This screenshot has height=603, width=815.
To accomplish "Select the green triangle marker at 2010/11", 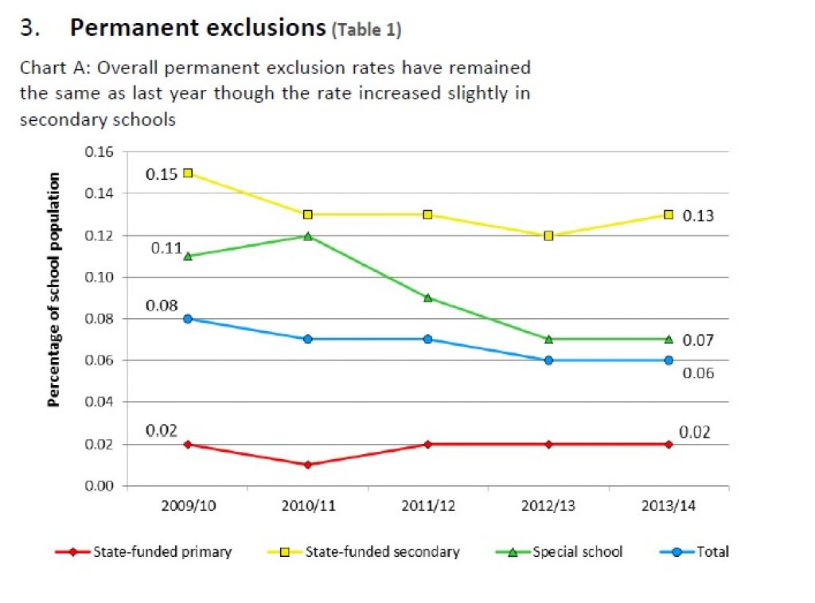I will (308, 236).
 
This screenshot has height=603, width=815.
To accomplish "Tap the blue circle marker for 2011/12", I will (428, 339).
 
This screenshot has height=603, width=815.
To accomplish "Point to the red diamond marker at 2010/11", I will (308, 465).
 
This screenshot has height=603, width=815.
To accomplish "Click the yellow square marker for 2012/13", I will (548, 235).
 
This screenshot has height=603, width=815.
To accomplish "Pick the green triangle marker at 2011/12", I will (428, 298).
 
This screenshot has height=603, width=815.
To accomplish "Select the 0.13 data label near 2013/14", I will (698, 216).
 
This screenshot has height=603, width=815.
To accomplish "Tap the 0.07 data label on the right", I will (698, 340).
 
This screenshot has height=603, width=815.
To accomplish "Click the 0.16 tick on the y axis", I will (100, 152).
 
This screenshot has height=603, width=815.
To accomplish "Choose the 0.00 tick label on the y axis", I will (100, 486).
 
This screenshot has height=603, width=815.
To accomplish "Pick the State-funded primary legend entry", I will (162, 551).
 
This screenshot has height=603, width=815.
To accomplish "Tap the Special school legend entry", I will (577, 551).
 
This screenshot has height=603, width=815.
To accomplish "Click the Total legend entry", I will (712, 551).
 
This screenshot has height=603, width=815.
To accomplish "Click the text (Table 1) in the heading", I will (367, 31).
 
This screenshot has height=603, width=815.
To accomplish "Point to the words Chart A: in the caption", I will (49, 68).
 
